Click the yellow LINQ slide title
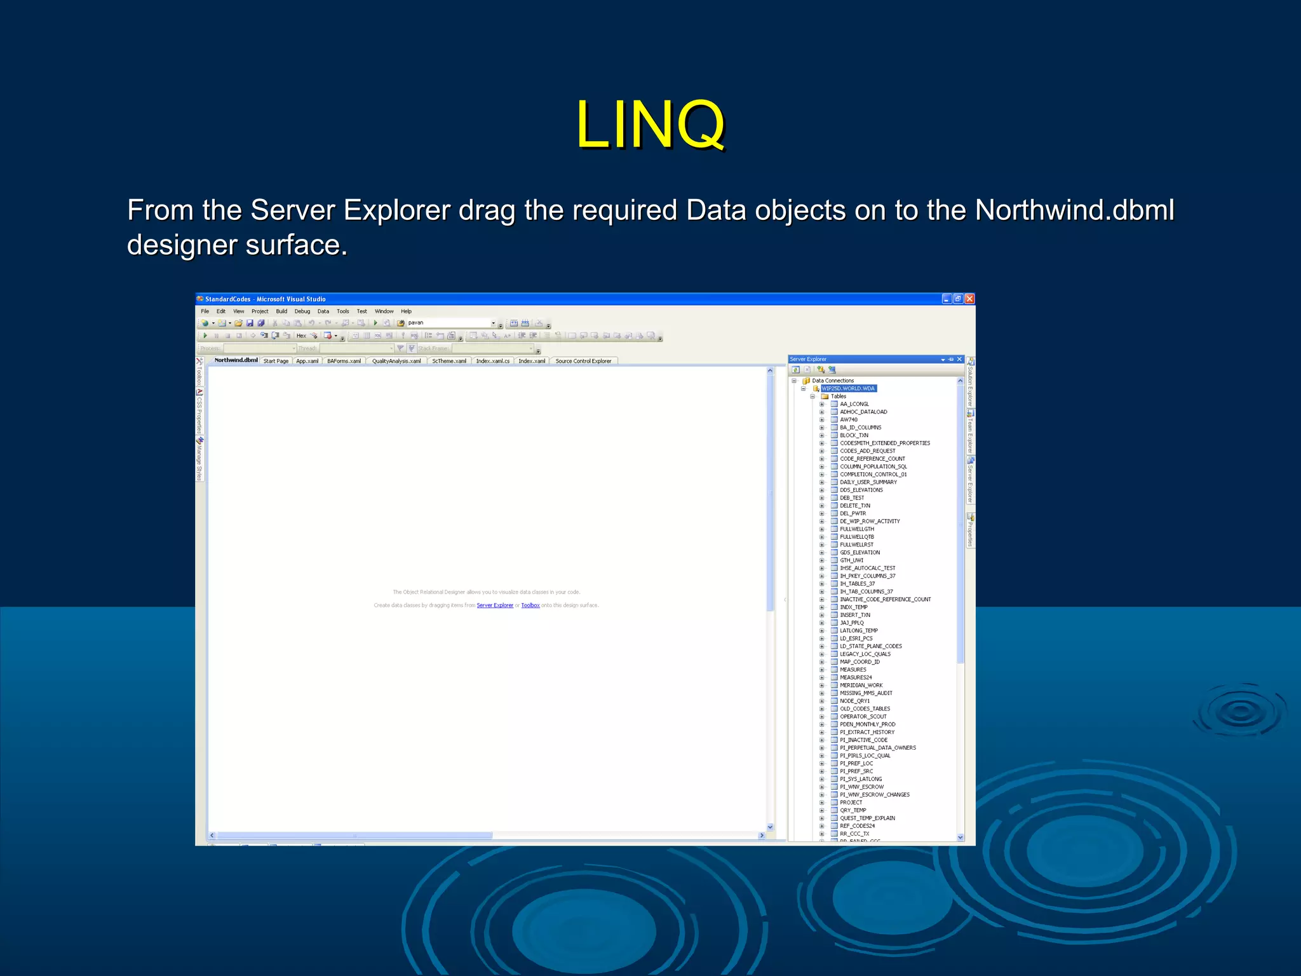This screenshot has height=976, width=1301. coord(650,125)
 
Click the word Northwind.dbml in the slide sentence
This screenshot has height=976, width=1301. coord(1074,210)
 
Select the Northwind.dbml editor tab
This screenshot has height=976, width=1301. coord(236,360)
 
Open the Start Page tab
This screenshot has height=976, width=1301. coord(276,361)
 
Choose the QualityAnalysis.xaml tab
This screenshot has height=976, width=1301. coord(396,361)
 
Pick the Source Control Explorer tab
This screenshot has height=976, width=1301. coord(583,361)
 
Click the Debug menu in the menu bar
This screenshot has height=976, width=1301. coord(302,311)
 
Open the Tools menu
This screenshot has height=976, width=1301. coord(343,311)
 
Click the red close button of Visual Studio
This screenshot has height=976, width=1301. coord(969,299)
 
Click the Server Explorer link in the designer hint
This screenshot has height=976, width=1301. coord(495,606)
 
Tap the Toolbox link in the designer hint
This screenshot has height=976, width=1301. coord(530,606)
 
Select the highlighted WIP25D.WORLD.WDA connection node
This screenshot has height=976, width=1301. coord(848,388)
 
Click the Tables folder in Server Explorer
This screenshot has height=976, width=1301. coord(839,396)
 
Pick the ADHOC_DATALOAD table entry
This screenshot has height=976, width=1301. coord(863,412)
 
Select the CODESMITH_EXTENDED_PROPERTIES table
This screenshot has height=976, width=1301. coord(885,443)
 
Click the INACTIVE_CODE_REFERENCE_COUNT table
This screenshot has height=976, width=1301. coord(886,599)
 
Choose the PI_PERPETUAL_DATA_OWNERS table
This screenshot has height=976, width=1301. coord(878,748)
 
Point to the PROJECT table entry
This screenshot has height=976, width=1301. coord(851,803)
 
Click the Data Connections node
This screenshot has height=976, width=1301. coord(833,381)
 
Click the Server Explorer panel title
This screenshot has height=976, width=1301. coord(808,359)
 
